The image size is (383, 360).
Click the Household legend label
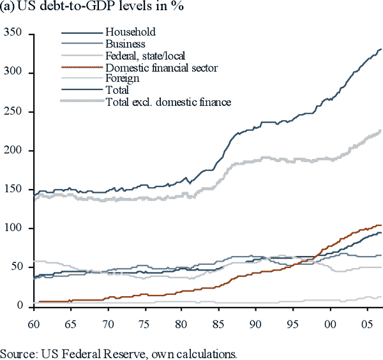131,32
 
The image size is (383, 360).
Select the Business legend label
126,44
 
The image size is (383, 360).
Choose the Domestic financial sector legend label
162,67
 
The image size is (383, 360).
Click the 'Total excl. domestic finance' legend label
169,101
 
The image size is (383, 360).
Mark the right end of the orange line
381,225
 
